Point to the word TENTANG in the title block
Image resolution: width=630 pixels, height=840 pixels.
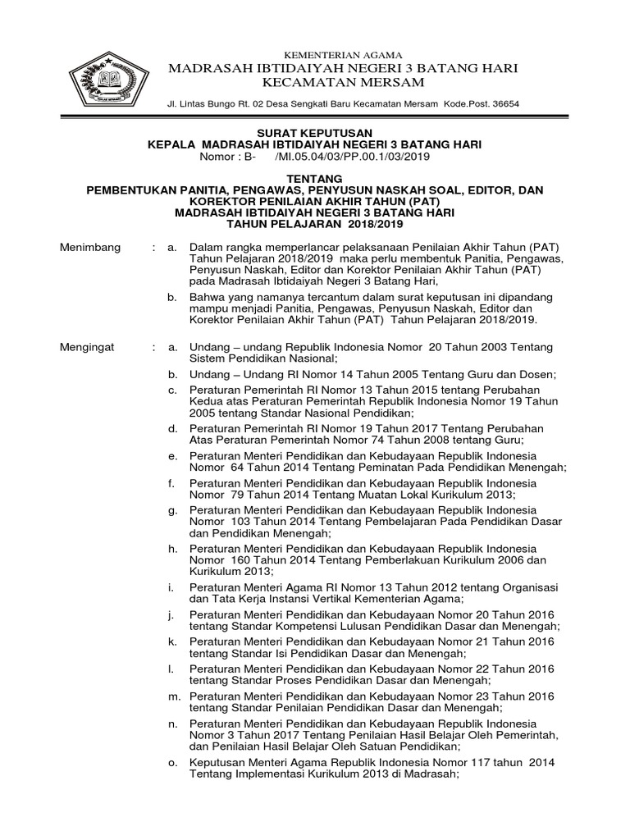tap(315, 179)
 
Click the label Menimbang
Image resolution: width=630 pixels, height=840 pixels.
tap(91, 247)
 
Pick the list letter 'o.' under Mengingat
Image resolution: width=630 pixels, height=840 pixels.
tap(172, 762)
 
